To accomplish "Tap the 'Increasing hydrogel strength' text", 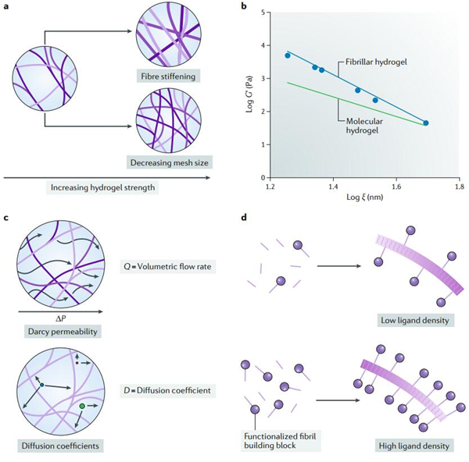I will click(x=106, y=189).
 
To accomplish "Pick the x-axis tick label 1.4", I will click(x=334, y=187).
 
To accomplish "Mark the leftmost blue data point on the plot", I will click(x=288, y=55).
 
